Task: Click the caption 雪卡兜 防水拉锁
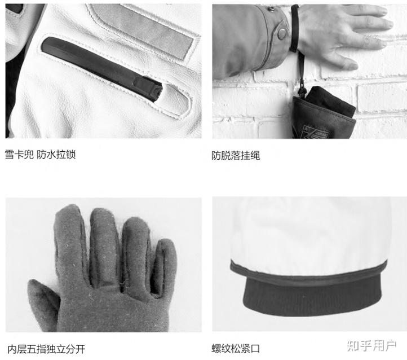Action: [40, 155]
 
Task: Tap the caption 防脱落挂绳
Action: [236, 156]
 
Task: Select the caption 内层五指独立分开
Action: [46, 349]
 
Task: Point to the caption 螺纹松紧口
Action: [236, 349]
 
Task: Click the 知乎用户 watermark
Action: [371, 346]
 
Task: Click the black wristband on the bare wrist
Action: [294, 29]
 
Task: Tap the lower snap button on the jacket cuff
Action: [282, 33]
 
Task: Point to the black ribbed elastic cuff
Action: [312, 296]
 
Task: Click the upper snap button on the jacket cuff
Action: [271, 9]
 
